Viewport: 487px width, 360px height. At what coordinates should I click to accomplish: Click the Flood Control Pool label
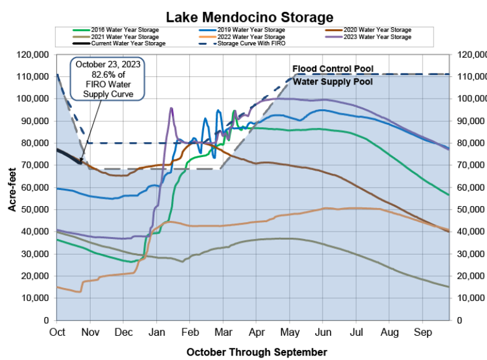click(333, 68)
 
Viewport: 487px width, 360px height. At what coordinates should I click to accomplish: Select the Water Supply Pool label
click(333, 81)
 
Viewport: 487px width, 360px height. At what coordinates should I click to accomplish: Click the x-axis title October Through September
click(256, 352)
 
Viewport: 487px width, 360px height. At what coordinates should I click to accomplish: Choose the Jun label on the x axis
click(323, 332)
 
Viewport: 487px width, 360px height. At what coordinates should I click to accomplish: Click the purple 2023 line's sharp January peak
click(171, 108)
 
